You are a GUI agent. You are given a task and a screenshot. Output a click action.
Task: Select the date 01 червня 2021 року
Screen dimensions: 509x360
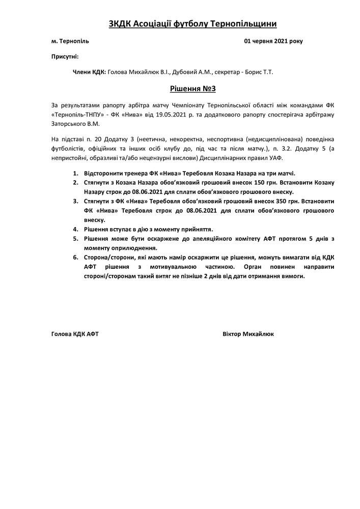273,41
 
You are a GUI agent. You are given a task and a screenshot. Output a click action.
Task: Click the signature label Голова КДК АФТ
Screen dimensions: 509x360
75,334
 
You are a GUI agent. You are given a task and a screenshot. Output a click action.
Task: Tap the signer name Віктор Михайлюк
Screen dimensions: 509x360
248,334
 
